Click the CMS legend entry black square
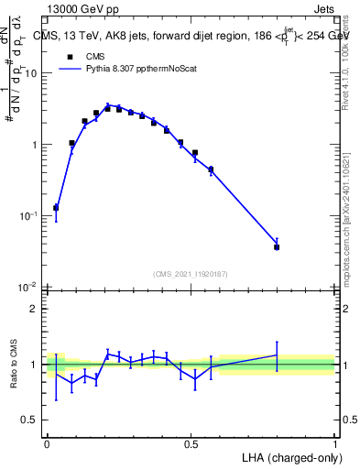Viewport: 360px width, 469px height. (x=70, y=56)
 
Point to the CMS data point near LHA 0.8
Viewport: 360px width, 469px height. (x=277, y=247)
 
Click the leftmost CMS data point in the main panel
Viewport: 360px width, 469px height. (x=56, y=208)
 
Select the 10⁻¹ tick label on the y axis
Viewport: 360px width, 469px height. (x=30, y=215)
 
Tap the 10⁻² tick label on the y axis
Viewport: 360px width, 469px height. (x=30, y=287)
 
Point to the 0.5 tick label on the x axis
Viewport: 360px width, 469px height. (x=191, y=442)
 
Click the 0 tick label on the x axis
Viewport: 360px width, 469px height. (x=47, y=442)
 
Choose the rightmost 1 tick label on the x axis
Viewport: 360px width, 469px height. (x=335, y=442)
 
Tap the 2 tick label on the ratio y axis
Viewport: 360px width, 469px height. (x=36, y=309)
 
